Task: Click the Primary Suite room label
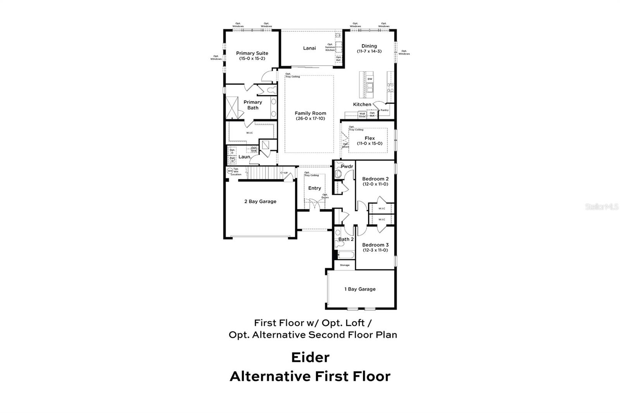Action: pyautogui.click(x=252, y=53)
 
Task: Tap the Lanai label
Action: pyautogui.click(x=309, y=48)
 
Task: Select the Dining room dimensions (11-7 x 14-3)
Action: pyautogui.click(x=369, y=51)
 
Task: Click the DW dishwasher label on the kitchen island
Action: pyautogui.click(x=370, y=79)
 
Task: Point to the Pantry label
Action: pyautogui.click(x=384, y=110)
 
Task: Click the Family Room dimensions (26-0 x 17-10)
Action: pyautogui.click(x=310, y=119)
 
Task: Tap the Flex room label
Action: pyautogui.click(x=369, y=138)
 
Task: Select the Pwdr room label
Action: pyautogui.click(x=347, y=167)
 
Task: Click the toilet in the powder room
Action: pyautogui.click(x=338, y=174)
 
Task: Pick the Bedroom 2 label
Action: pyautogui.click(x=375, y=179)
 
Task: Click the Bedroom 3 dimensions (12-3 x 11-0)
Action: pyautogui.click(x=375, y=250)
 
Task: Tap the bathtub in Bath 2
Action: pyautogui.click(x=345, y=255)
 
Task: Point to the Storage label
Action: pyautogui.click(x=344, y=265)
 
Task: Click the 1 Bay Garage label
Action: pyautogui.click(x=360, y=289)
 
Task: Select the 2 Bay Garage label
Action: pyautogui.click(x=260, y=201)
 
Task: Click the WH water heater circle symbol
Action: pyautogui.click(x=230, y=170)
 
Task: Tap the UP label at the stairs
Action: pyautogui.click(x=286, y=173)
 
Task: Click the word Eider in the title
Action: pyautogui.click(x=310, y=357)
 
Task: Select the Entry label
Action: pyautogui.click(x=314, y=188)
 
